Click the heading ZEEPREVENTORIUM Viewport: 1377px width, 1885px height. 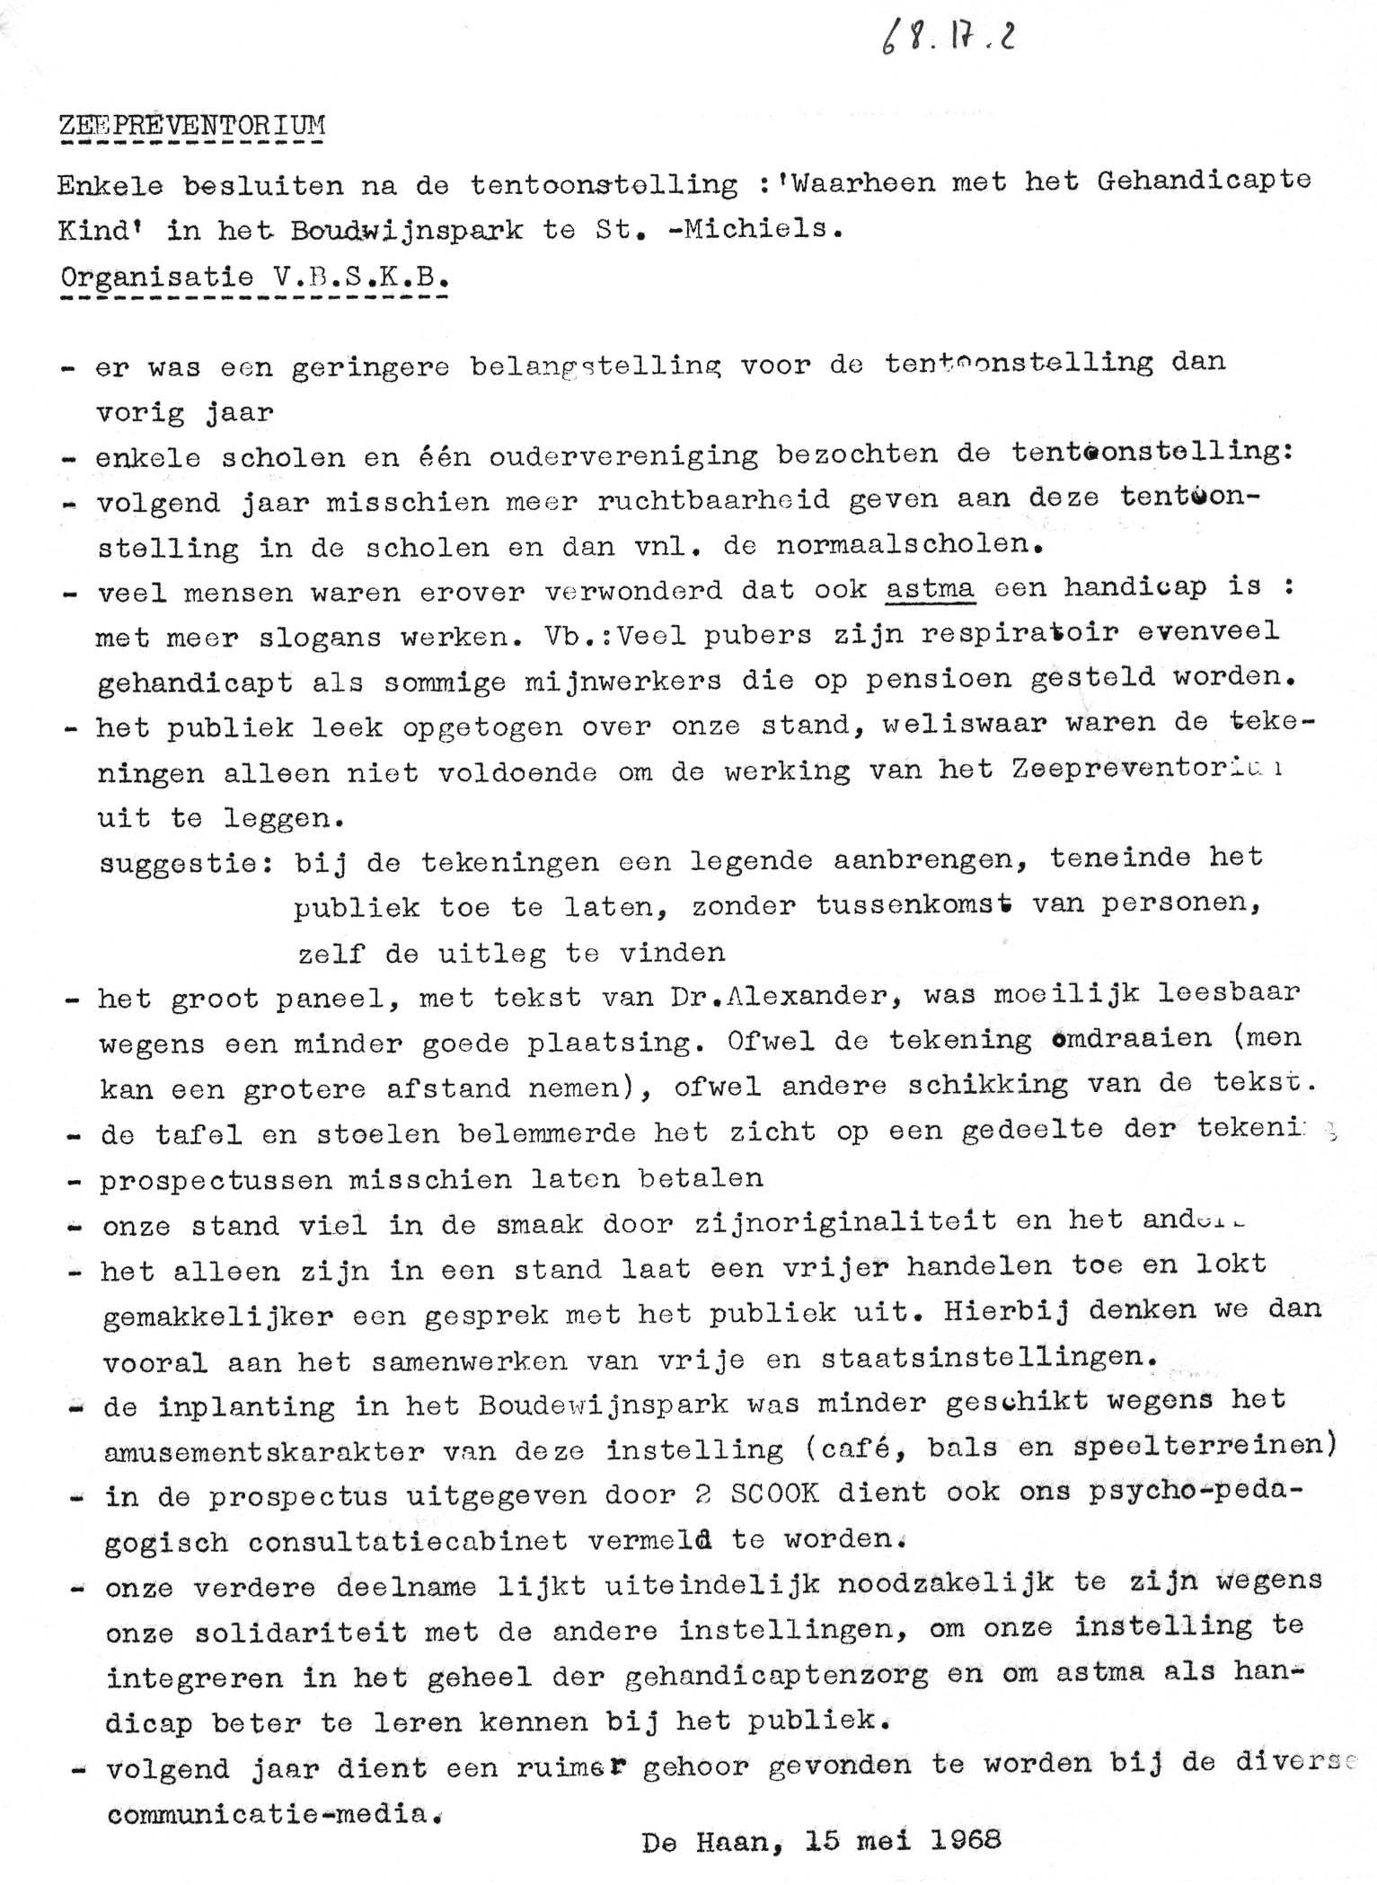click(x=192, y=125)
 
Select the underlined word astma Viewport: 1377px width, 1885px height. click(x=930, y=588)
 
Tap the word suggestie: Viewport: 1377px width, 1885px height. click(x=187, y=864)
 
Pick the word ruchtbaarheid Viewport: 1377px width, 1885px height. click(x=714, y=499)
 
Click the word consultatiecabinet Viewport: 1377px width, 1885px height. click(x=407, y=1541)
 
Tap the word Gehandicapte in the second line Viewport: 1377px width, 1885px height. click(x=1204, y=181)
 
